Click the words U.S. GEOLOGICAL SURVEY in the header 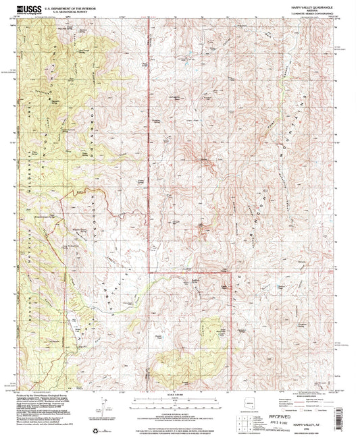[72, 11]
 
